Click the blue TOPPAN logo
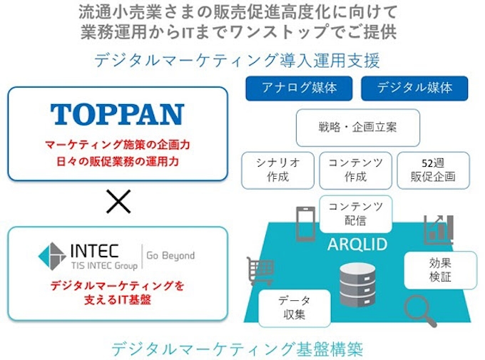(x=117, y=114)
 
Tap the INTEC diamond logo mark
(x=52, y=257)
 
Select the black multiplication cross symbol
(x=118, y=202)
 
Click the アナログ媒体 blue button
(x=299, y=88)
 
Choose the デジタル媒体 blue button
(x=414, y=88)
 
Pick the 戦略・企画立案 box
(x=358, y=128)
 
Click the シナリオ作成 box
(x=277, y=170)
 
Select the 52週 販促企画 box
(x=434, y=170)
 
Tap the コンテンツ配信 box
(x=356, y=214)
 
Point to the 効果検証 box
(x=441, y=270)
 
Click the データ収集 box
(x=294, y=309)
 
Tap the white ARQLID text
(x=357, y=245)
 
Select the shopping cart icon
(x=260, y=271)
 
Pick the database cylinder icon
(x=358, y=285)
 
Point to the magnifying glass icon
(x=420, y=311)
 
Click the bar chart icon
(x=439, y=230)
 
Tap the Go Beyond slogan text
(x=170, y=256)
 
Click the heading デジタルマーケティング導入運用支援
(x=237, y=60)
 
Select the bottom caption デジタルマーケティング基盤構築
(x=237, y=349)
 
